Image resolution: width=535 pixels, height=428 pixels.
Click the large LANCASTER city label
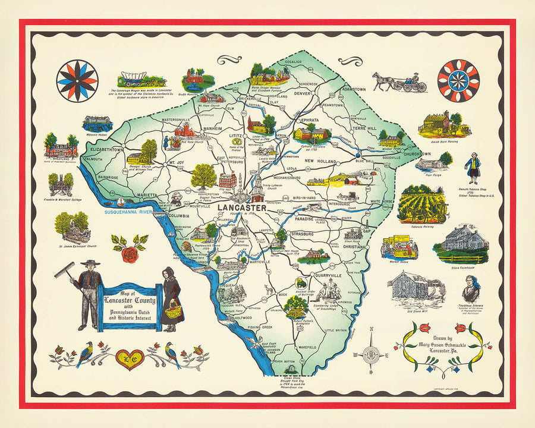coord(240,207)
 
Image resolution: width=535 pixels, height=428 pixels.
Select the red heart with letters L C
coord(130,358)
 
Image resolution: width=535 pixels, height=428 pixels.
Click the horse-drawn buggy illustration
coord(400,82)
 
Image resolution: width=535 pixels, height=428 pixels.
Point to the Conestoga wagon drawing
coord(140,79)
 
